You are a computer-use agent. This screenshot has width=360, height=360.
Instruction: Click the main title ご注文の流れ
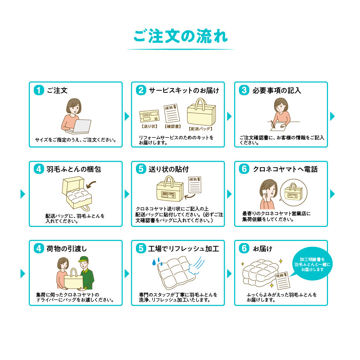[x=181, y=36]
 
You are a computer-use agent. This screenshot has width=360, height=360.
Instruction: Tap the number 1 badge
[x=39, y=90]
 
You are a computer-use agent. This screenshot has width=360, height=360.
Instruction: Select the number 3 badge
[x=244, y=90]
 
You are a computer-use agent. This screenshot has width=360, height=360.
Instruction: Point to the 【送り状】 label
[x=150, y=126]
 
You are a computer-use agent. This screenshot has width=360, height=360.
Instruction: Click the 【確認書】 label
[x=173, y=127]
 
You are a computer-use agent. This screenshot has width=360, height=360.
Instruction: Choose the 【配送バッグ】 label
[x=200, y=129]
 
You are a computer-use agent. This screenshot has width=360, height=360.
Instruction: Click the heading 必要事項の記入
[x=277, y=90]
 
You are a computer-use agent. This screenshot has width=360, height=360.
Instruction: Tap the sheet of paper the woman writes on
[x=279, y=127]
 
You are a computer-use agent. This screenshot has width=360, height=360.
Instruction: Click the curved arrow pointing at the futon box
[x=91, y=184]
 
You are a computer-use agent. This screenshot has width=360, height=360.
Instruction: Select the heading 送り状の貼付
[x=169, y=169]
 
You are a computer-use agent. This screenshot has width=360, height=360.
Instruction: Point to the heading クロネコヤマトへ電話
[x=286, y=169]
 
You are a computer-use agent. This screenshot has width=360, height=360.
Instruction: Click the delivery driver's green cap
[x=83, y=259]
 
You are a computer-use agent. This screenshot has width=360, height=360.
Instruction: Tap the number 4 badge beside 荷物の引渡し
[x=39, y=249]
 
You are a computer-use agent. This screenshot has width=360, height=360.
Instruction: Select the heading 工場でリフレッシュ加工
[x=184, y=249]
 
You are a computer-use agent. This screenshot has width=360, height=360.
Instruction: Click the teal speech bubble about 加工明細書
[x=312, y=264]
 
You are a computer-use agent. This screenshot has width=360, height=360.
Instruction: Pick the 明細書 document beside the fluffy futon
[x=283, y=281]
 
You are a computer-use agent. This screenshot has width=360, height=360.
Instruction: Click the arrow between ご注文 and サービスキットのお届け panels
[x=127, y=117]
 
